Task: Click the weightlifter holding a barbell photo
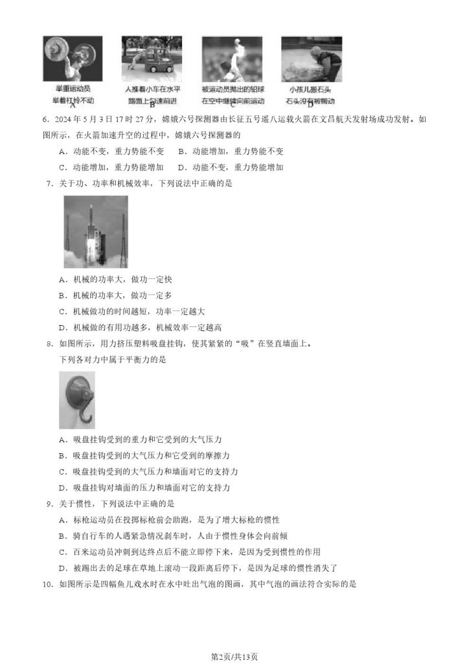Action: (73, 59)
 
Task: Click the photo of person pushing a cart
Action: (152, 59)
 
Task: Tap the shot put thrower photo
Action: (231, 59)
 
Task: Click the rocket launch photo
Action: (96, 232)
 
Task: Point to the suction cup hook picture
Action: (76, 400)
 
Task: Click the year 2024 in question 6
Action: (68, 120)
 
